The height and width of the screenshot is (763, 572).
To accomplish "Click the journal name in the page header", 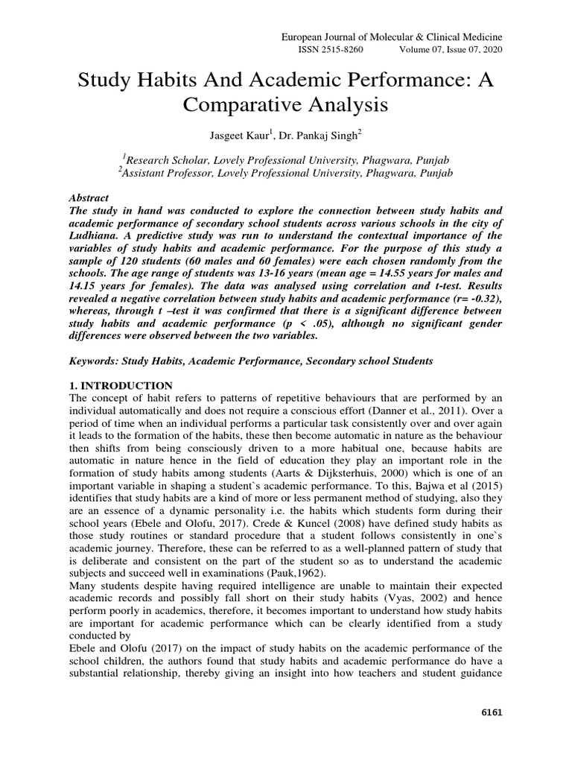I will (x=391, y=37).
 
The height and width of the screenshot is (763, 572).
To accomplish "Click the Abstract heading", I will (x=89, y=198).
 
